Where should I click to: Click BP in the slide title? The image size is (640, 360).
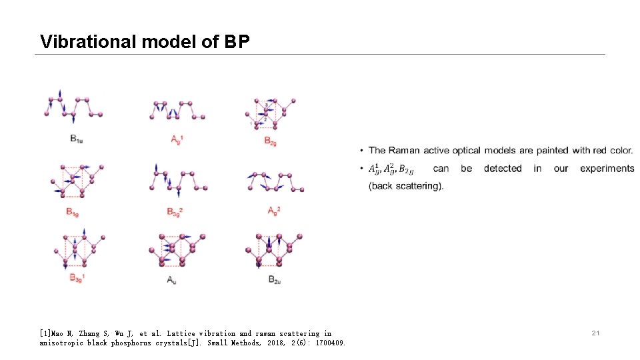[x=237, y=42]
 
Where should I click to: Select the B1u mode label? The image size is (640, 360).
[x=75, y=139]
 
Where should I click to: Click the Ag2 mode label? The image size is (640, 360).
[x=273, y=211]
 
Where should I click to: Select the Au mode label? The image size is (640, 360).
[x=172, y=279]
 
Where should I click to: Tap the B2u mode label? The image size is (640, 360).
[x=275, y=279]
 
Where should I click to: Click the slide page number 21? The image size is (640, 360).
[x=596, y=332]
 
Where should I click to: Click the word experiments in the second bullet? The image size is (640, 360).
[x=607, y=169]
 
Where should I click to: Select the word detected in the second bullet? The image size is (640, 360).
[x=503, y=169]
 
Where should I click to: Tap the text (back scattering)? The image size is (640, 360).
[x=406, y=186]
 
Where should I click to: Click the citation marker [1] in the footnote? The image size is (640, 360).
[x=46, y=333]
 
